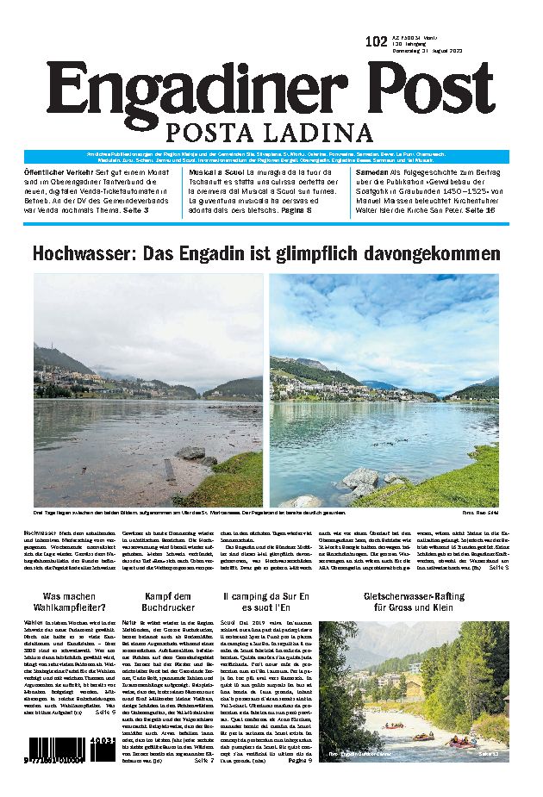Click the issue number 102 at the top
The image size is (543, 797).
376,42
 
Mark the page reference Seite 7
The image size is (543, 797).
203,761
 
